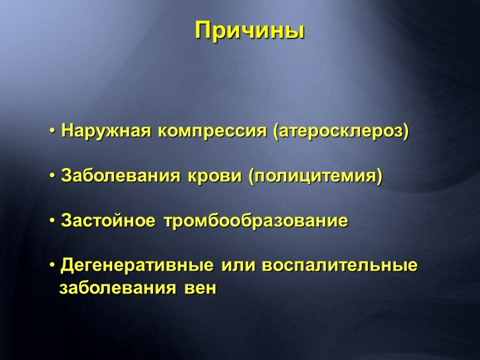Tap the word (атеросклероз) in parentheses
coord(341,131)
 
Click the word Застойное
coord(106,221)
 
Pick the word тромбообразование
coord(251,221)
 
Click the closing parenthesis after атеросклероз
coord(406,131)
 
